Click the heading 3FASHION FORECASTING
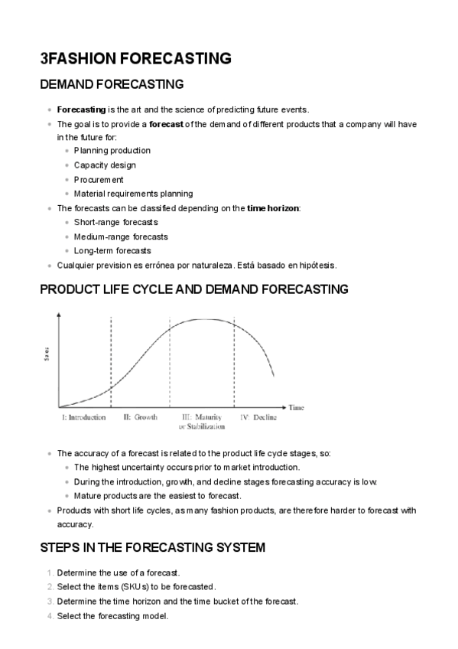[x=135, y=58]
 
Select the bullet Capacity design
[x=105, y=165]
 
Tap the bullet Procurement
[x=99, y=179]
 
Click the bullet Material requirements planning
[x=133, y=194]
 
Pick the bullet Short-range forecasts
[x=115, y=222]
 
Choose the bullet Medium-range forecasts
[x=121, y=236]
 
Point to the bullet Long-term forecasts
[x=112, y=250]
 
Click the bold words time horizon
[x=273, y=208]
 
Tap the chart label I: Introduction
[x=83, y=418]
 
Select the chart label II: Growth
[x=140, y=418]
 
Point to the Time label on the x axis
[x=297, y=408]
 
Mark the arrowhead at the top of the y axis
[x=59, y=315]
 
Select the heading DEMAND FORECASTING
[x=112, y=84]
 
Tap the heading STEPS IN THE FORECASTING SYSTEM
[x=152, y=547]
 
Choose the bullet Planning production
[x=112, y=151]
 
